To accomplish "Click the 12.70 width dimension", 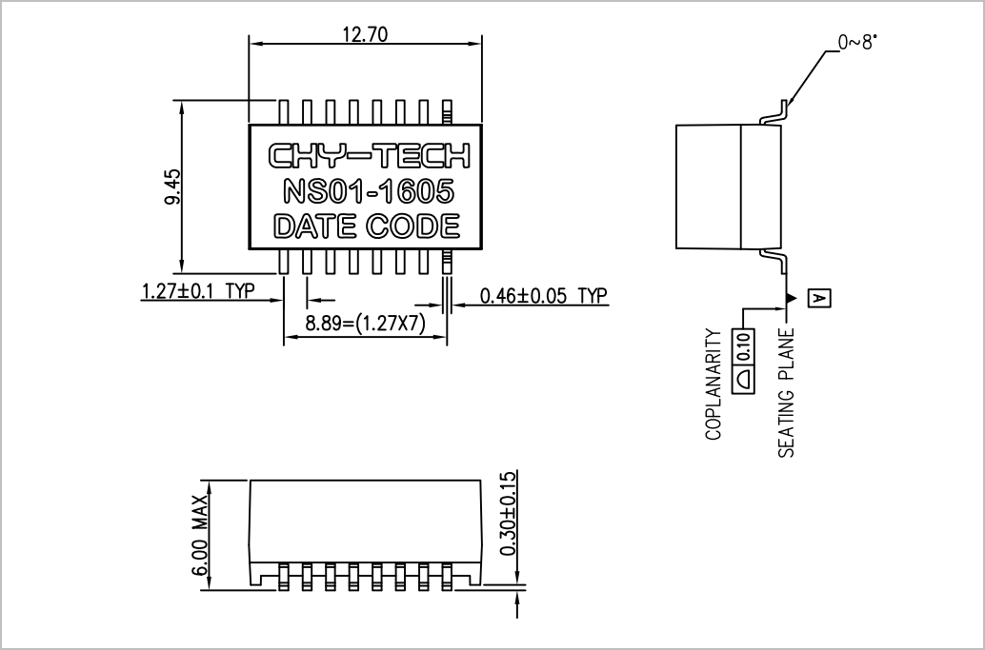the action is [x=365, y=34].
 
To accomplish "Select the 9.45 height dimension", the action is [x=172, y=187].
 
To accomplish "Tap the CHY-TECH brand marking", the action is [x=370, y=156].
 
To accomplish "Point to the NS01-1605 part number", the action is [x=369, y=191].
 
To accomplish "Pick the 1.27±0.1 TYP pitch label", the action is [x=198, y=291].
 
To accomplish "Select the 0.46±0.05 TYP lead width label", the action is [x=544, y=296].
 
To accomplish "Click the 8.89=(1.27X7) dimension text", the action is [x=366, y=324].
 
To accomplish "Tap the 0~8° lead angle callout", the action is [x=857, y=42].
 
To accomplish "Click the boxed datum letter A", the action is [x=819, y=299].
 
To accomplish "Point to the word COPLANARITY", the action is [x=714, y=384].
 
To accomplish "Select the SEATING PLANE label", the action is [x=787, y=393].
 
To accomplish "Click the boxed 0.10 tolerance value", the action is [x=744, y=345].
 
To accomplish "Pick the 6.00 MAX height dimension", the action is [x=200, y=535].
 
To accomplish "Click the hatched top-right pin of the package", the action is [x=447, y=112].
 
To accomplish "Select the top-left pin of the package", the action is [x=283, y=112].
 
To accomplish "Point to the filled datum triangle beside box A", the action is [x=793, y=298].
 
